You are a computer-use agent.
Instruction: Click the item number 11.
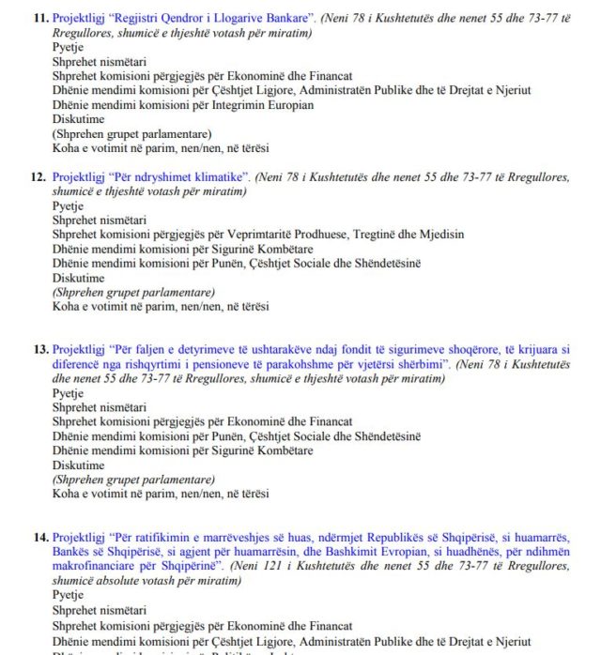[x=40, y=17]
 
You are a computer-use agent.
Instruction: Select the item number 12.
[x=40, y=176]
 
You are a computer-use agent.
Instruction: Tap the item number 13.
[x=40, y=350]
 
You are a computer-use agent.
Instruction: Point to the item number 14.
[x=40, y=538]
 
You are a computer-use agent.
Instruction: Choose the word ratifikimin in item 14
[x=149, y=538]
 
